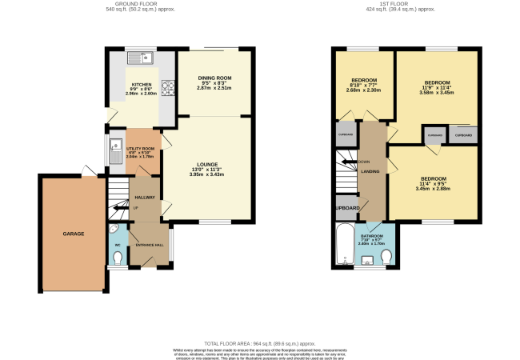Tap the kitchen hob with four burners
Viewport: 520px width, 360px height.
click(170, 89)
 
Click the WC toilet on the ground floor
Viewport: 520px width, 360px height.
click(118, 258)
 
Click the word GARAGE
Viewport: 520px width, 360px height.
click(74, 234)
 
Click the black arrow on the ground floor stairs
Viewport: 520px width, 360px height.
click(118, 208)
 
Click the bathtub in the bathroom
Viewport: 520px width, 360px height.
click(345, 243)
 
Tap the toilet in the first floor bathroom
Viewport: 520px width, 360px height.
click(387, 256)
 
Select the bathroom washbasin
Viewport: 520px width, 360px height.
click(367, 259)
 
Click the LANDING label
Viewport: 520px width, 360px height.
click(370, 170)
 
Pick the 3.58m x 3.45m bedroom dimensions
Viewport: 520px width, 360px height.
click(437, 93)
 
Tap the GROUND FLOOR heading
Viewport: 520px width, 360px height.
click(134, 3)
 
